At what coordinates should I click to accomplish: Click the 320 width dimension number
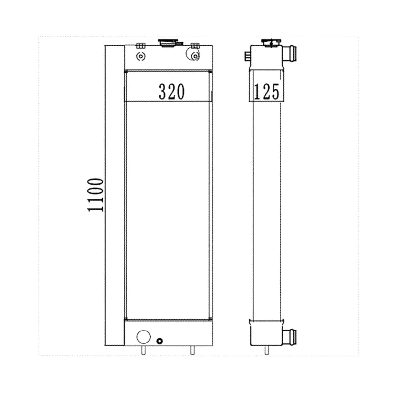[x=171, y=92]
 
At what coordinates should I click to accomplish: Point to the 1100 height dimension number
[x=96, y=195]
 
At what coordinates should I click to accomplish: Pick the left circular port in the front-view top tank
[x=141, y=57]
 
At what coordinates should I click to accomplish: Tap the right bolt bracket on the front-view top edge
[x=195, y=45]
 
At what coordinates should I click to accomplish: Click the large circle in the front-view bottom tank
[x=144, y=337]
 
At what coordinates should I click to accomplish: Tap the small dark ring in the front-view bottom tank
[x=160, y=341]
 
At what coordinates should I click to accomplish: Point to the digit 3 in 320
[x=163, y=92]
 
